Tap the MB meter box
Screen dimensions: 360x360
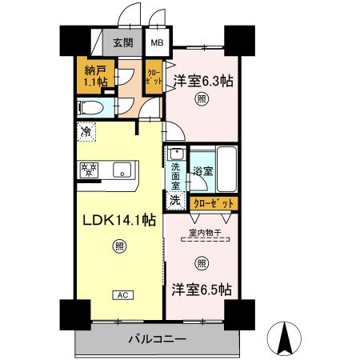[156, 43]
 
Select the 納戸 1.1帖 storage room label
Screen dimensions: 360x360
[90, 76]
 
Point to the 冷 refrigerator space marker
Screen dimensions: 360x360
[85, 130]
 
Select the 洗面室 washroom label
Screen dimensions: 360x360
[174, 174]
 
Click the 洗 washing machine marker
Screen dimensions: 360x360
[174, 201]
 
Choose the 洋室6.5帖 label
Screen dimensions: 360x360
[200, 289]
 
